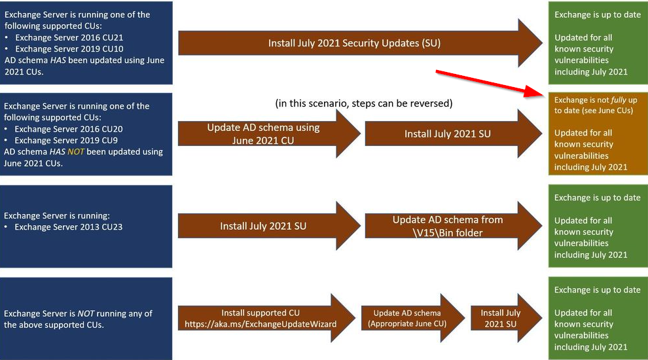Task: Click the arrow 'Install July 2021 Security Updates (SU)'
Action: pyautogui.click(x=354, y=43)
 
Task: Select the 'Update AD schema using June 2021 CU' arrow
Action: pyautogui.click(x=264, y=134)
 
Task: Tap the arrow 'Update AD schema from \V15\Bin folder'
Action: pyautogui.click(x=448, y=226)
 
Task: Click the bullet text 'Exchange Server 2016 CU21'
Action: pyautogui.click(x=69, y=37)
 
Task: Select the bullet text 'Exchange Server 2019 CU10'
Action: pyautogui.click(x=69, y=49)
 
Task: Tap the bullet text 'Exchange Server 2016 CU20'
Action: pyautogui.click(x=69, y=129)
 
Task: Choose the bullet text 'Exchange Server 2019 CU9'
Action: pyautogui.click(x=66, y=141)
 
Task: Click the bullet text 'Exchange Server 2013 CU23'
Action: pyautogui.click(x=69, y=227)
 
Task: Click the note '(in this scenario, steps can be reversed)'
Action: pyautogui.click(x=364, y=103)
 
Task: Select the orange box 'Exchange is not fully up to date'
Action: pyautogui.click(x=596, y=134)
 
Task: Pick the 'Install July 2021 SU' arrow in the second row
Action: pyautogui.click(x=447, y=134)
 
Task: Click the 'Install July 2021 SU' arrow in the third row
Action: pyautogui.click(x=263, y=226)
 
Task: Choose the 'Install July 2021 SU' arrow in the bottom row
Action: pyautogui.click(x=501, y=318)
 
